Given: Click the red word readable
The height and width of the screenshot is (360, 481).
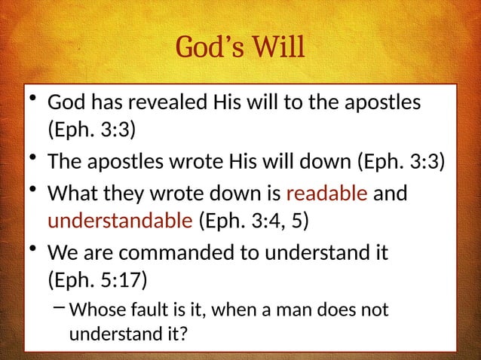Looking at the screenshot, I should pos(326,194).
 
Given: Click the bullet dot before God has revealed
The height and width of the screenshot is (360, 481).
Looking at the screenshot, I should pos(32,100).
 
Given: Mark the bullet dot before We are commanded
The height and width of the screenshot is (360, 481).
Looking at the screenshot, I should pos(32,249).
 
